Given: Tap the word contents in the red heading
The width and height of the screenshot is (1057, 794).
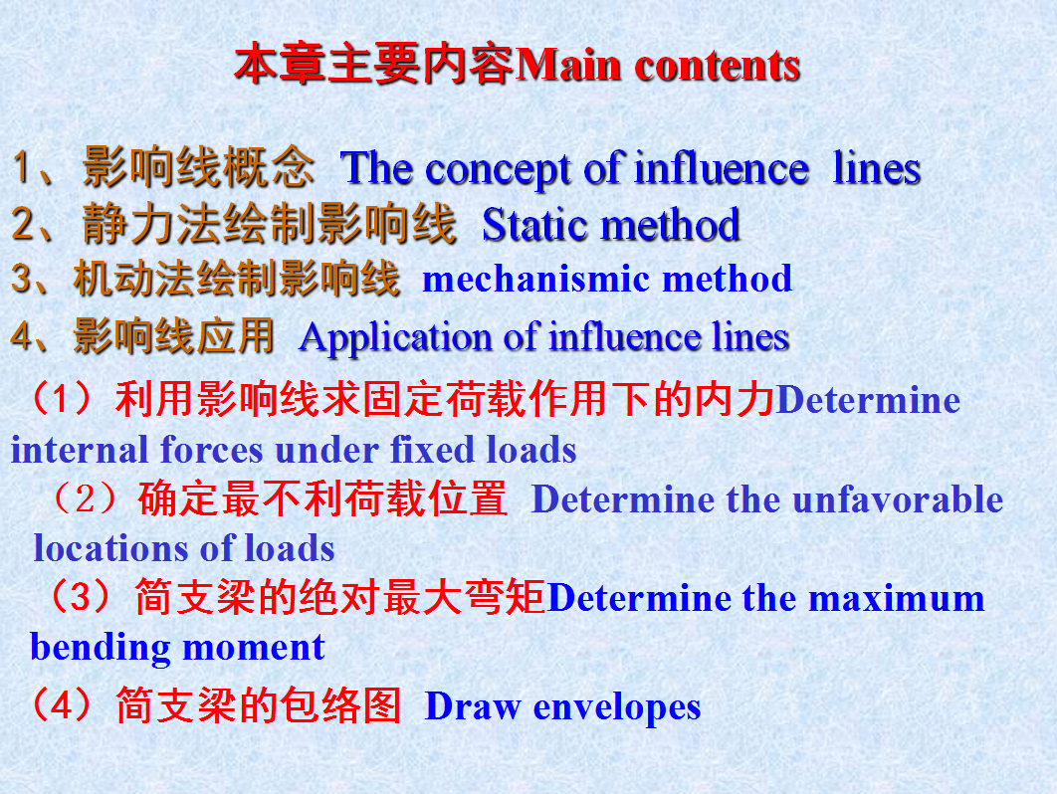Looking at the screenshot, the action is coord(718,67).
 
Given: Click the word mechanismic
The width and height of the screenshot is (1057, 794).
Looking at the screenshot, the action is coord(535,279).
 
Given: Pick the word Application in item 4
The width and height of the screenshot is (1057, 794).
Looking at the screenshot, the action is coord(396,338).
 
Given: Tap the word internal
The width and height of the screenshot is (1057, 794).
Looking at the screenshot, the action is coord(80,450).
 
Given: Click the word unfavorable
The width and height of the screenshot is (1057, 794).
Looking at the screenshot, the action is coord(898,499).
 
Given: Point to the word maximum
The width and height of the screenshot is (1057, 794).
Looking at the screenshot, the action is coord(897,599).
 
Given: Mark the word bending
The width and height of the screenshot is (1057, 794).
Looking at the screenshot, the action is coord(101,648).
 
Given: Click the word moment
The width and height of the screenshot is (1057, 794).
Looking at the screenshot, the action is coord(254,648).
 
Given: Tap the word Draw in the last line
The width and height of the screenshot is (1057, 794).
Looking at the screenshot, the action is coord(473,706).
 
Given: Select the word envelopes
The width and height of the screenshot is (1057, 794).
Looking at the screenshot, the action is coord(617,708).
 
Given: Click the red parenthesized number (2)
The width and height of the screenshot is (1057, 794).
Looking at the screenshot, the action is coord(85,499).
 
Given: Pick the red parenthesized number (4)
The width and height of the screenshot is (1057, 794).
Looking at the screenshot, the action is coord(60,705).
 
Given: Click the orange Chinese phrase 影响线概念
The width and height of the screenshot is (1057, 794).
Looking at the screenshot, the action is coord(198,167).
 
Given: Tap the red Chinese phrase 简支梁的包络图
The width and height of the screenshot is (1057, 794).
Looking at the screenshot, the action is coord(259,705).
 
